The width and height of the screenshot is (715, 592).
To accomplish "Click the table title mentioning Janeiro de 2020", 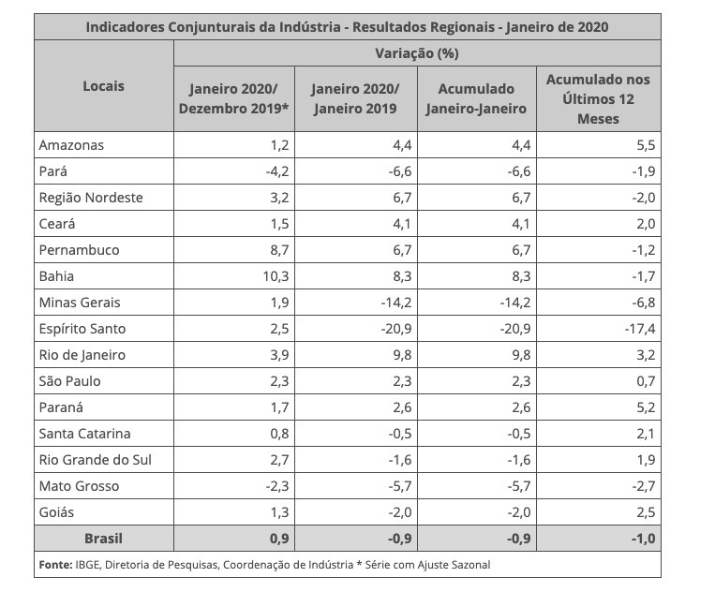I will pos(347,27).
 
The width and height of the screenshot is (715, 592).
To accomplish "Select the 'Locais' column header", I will pos(103,86).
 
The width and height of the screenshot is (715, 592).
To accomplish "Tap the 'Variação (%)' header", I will pos(417,53).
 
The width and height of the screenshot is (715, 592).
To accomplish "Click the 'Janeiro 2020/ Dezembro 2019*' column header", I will pos(233,98).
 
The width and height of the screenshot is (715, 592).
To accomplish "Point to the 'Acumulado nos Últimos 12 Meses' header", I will pos(598,98).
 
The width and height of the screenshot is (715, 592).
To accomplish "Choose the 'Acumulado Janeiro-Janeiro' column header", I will pos(476,98).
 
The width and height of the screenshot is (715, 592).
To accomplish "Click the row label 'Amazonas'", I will pos(71,145).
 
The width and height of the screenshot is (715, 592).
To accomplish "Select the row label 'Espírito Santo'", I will pos(82,329).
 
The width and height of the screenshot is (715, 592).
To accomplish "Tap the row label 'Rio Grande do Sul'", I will pos(95,460).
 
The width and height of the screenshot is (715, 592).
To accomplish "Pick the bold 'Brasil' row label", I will pos(103,539).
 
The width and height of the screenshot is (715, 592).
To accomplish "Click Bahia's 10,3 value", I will pos(273,276).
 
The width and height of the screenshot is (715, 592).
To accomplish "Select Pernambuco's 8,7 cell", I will pos(277,250).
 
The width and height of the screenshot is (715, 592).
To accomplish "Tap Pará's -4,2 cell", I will pos(276,171).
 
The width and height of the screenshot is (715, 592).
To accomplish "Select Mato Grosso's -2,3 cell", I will pos(276,486).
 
